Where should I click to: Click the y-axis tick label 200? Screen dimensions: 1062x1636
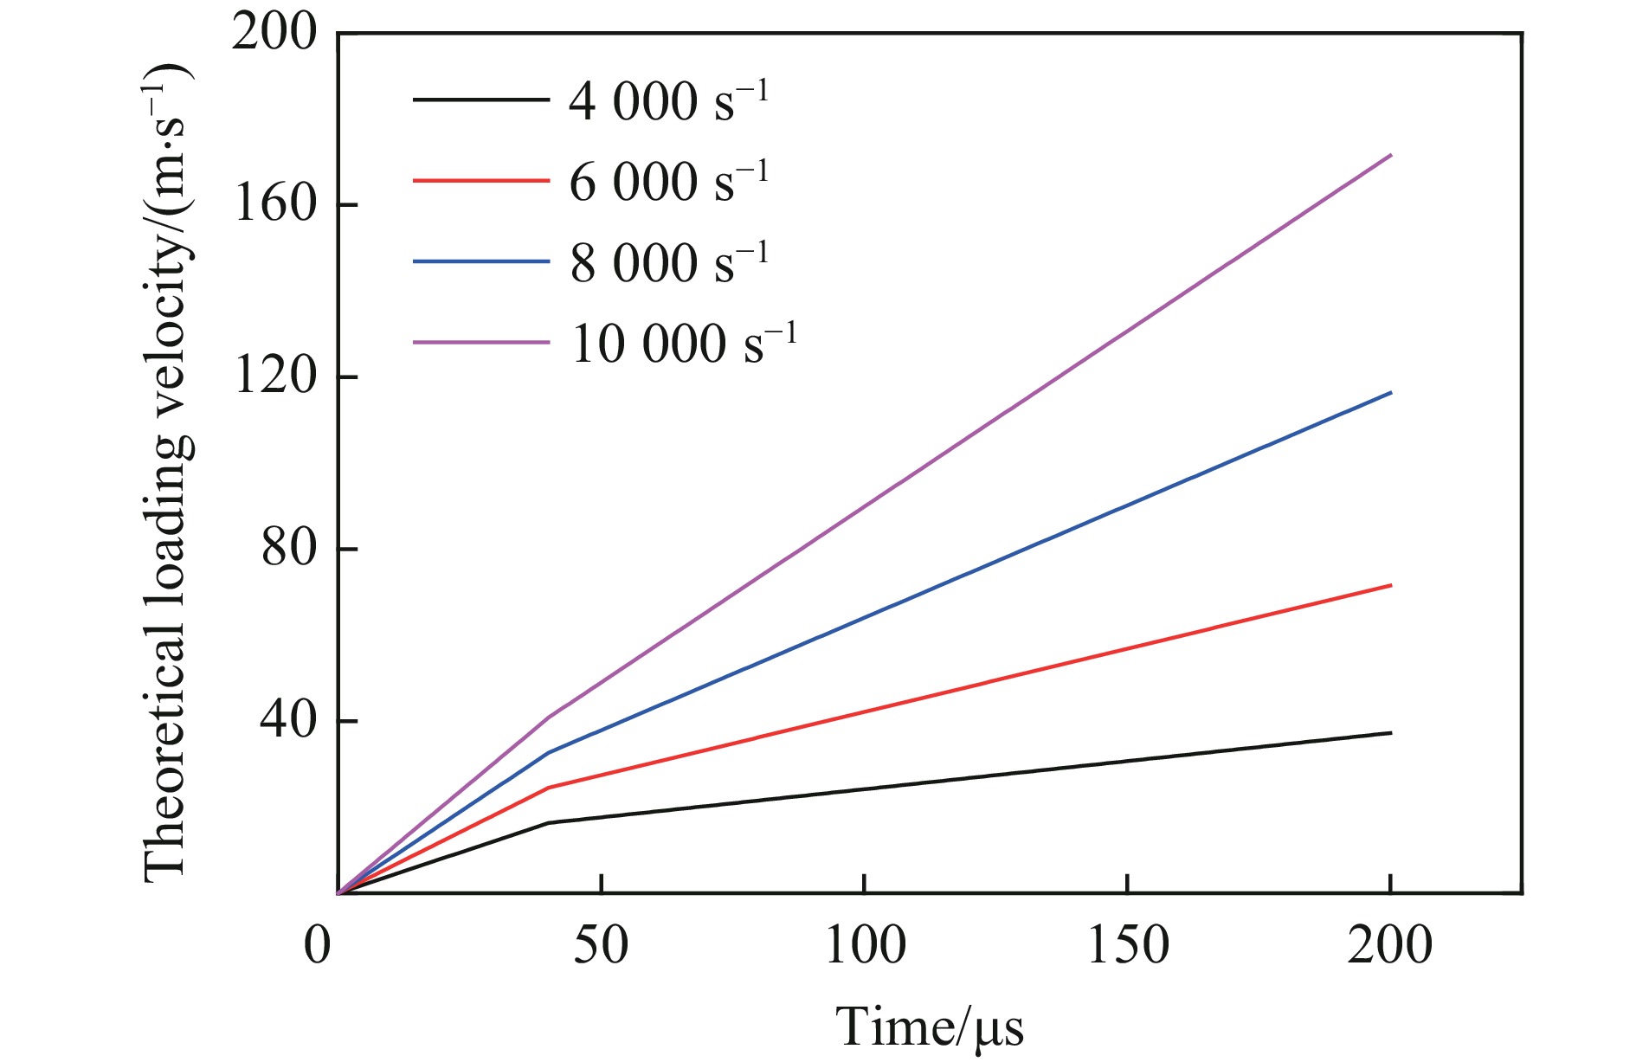coord(274,35)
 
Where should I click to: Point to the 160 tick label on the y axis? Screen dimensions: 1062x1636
coord(274,206)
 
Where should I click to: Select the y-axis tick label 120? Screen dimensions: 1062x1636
coord(274,377)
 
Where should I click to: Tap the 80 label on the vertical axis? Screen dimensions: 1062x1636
coord(289,549)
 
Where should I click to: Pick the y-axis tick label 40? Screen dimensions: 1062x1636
coord(289,721)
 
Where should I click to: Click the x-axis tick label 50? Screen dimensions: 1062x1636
coord(601,945)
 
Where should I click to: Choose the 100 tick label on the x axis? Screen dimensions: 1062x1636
coord(865,945)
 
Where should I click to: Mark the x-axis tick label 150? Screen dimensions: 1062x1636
coord(1128,945)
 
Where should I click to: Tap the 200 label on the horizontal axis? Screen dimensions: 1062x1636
coord(1390,945)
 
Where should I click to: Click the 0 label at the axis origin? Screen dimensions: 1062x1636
coord(318,945)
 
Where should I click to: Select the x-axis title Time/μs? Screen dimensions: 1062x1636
coord(930,1028)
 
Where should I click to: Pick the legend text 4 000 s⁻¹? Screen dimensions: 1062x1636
coord(667,101)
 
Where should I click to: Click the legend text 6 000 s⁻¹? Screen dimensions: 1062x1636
coord(667,182)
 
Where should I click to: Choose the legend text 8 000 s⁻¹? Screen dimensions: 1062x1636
coord(667,262)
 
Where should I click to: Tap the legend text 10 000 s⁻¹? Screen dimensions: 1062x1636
coord(682,343)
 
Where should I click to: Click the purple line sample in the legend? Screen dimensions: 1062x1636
coord(481,342)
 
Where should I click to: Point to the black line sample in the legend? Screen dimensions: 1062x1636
coord(481,100)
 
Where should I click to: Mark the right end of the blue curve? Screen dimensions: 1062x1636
coord(1390,393)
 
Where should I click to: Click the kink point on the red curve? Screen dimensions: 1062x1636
coord(549,788)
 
